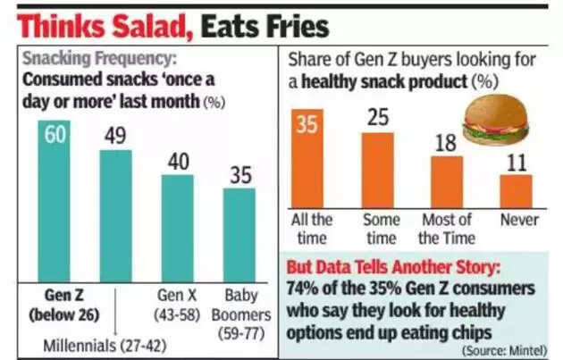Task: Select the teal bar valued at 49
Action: [115, 214]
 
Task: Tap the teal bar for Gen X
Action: [177, 227]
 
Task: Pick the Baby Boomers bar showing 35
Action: [238, 234]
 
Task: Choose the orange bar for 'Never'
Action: [516, 190]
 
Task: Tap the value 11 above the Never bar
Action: [516, 163]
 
